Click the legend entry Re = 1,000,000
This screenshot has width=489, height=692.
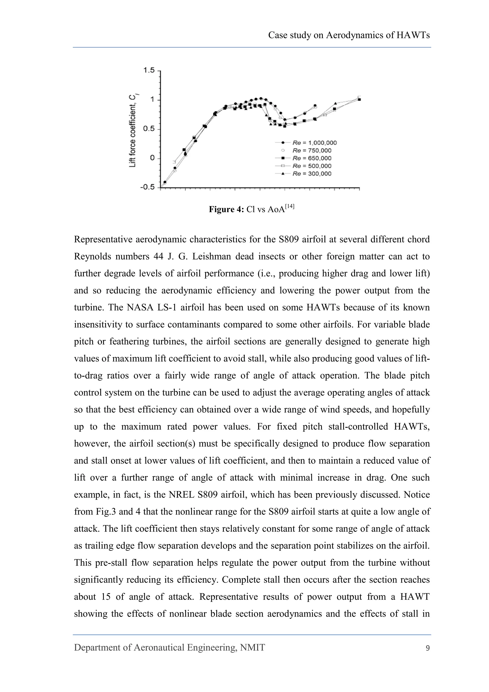[314, 143]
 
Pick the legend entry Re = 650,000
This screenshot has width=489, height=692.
[312, 158]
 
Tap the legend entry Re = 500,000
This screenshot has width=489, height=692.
[312, 166]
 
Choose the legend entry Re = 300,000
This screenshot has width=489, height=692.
[312, 174]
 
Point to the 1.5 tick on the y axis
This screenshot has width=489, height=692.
[149, 70]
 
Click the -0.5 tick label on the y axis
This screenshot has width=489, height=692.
[147, 187]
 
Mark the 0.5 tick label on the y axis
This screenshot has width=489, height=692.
[149, 129]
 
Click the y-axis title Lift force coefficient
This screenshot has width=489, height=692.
[133, 131]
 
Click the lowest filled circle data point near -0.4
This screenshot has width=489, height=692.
[165, 182]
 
